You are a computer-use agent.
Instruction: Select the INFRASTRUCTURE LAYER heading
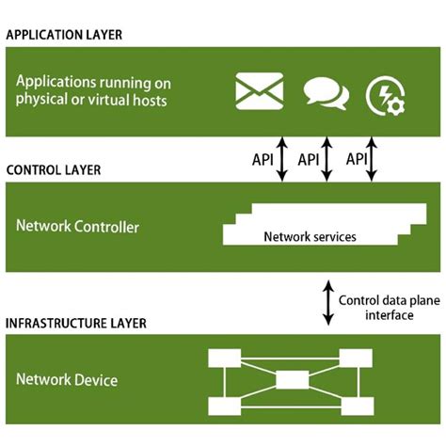76,324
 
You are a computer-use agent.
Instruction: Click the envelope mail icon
257,91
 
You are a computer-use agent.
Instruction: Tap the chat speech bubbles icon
326,92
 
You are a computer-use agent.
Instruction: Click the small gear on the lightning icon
396,103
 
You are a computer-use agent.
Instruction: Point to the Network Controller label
77,227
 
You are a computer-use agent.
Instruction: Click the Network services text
310,237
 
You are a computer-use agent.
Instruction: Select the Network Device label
66,380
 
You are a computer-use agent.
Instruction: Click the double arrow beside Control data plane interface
327,301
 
